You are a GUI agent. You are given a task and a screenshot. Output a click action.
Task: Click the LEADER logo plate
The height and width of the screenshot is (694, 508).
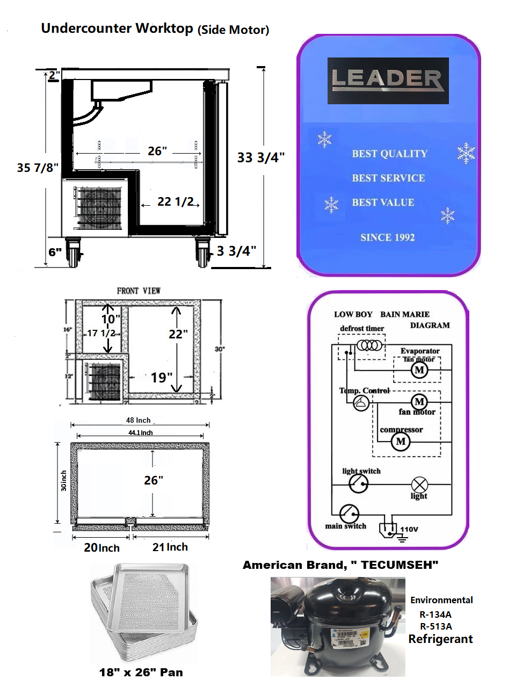388,81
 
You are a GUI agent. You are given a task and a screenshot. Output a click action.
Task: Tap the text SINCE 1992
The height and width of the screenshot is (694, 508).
387,237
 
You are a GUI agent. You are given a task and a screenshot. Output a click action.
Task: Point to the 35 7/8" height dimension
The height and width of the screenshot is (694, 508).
37,168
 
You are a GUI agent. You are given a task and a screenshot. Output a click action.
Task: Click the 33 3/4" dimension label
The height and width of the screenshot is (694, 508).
260,157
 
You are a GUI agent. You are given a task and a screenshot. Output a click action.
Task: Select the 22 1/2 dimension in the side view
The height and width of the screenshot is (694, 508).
175,202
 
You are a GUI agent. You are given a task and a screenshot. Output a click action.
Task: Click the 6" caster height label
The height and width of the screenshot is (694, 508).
55,252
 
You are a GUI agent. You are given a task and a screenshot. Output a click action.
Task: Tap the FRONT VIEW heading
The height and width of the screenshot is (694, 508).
139,291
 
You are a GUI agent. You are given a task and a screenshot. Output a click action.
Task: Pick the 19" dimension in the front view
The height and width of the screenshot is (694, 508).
161,378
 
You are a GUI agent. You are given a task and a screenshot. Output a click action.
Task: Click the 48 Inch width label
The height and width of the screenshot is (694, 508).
139,420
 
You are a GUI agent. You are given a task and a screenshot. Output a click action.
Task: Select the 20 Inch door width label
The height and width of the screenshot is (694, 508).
101,548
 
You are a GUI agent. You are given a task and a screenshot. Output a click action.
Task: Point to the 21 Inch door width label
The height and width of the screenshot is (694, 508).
170,547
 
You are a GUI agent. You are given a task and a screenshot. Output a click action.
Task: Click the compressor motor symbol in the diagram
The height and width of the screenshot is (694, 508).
401,442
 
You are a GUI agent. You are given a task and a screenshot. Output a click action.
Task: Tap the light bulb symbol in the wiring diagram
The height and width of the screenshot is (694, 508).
419,484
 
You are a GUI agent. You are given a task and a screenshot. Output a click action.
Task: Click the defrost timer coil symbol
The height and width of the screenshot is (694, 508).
370,345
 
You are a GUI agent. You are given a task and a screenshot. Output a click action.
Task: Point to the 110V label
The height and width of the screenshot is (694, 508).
409,529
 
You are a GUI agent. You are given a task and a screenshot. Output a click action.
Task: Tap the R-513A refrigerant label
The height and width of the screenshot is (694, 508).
436,626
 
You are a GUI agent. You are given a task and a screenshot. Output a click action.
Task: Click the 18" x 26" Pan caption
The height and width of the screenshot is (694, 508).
141,673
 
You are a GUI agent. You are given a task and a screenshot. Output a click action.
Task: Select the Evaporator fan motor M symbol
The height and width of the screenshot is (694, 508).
419,370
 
